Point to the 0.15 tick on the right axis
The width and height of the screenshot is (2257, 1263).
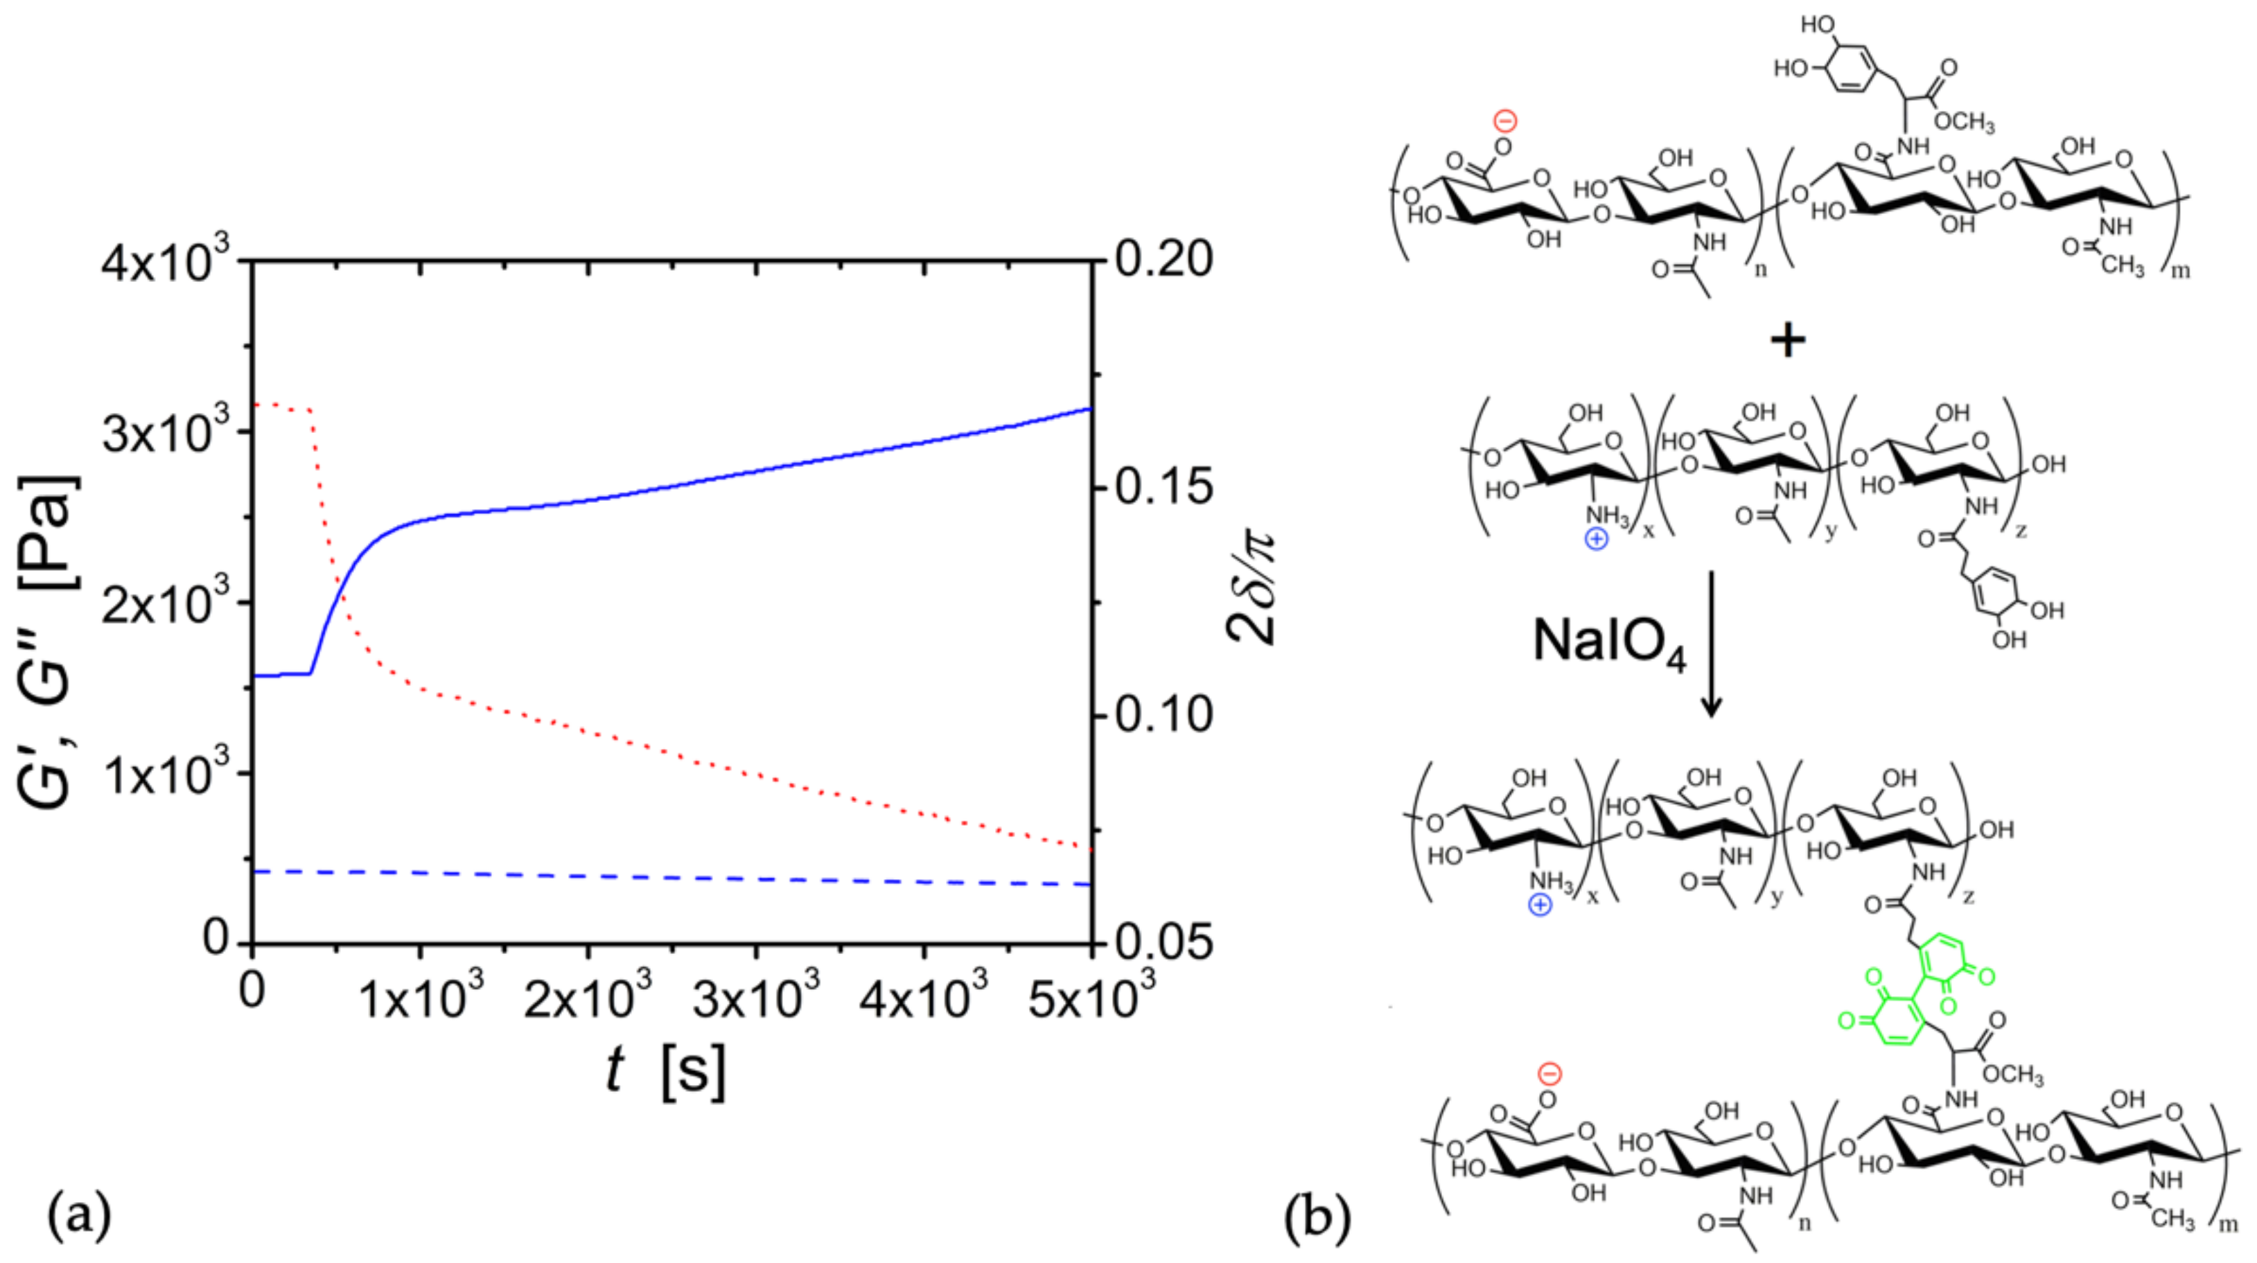(1163, 487)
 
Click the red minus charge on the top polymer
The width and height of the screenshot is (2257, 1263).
(1505, 120)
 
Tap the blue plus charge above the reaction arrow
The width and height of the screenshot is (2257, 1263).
(1597, 538)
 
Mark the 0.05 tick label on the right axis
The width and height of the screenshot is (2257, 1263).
(1163, 942)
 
